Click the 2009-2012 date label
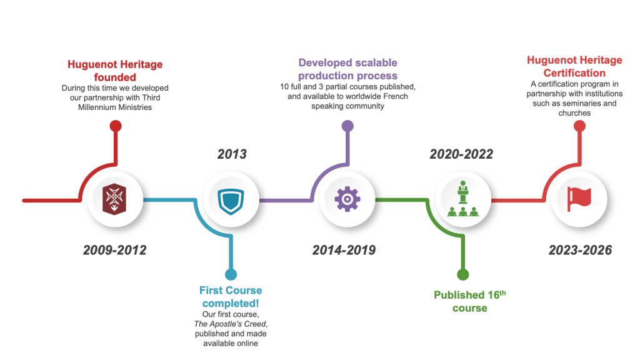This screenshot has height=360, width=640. tap(115, 250)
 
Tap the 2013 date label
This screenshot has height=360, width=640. tap(232, 154)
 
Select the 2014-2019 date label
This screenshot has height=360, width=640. tap(344, 250)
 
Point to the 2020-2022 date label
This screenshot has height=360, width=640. tap(461, 154)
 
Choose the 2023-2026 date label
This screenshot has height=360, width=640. tap(580, 250)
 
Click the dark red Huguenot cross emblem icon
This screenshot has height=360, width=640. tap(115, 199)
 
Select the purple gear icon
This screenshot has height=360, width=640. tap(347, 199)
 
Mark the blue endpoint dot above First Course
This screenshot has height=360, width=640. tap(231, 274)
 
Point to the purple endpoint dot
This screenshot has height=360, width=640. tap(347, 126)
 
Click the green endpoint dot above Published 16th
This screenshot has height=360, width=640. tap(463, 274)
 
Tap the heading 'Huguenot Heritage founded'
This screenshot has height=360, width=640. tap(115, 71)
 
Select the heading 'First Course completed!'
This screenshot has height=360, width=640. tap(231, 297)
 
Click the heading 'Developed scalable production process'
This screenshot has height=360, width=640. tap(347, 69)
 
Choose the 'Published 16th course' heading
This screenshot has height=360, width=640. tap(470, 301)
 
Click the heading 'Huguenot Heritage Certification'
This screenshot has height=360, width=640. tap(574, 66)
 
